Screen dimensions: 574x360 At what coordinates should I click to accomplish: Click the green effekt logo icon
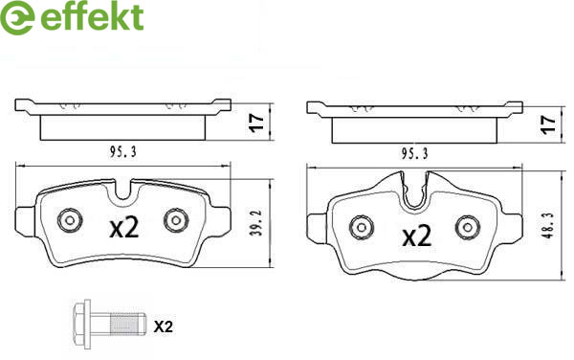pyautogui.click(x=17, y=17)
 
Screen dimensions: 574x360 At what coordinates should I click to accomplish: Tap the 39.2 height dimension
pyautogui.click(x=258, y=223)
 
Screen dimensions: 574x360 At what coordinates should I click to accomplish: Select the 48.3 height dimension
pyautogui.click(x=549, y=225)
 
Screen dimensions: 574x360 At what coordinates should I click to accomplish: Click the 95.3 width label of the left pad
pyautogui.click(x=123, y=151)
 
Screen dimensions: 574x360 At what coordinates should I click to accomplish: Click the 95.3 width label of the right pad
pyautogui.click(x=414, y=153)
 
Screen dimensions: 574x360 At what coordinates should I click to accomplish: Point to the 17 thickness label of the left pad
pyautogui.click(x=256, y=123)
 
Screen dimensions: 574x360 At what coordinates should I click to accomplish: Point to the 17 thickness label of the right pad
pyautogui.click(x=549, y=124)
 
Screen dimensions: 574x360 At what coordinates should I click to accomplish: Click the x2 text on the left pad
pyautogui.click(x=124, y=227)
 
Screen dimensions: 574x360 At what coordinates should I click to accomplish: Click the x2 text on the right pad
pyautogui.click(x=417, y=236)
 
